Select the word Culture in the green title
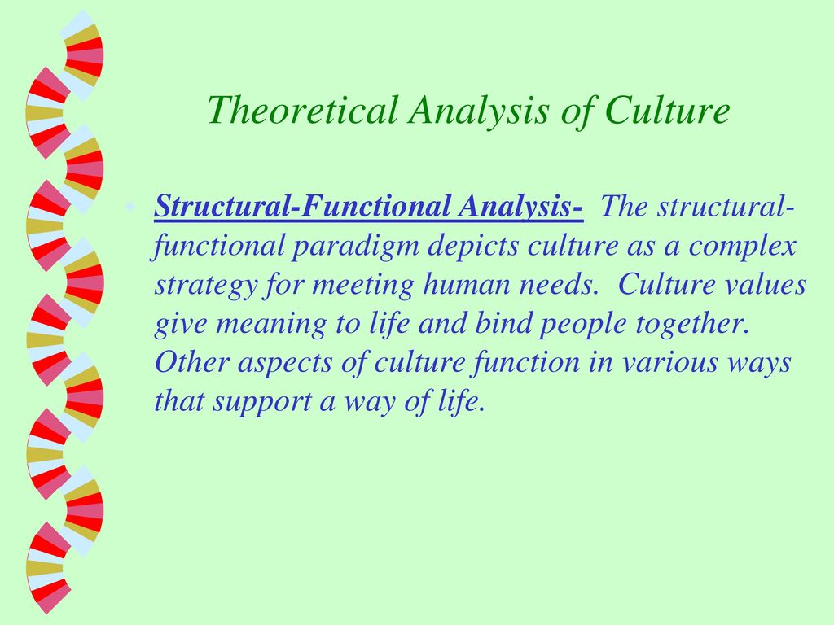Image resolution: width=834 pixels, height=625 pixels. [x=667, y=110]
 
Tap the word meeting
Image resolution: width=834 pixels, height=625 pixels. [x=362, y=286]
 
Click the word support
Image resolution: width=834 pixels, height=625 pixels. [x=262, y=402]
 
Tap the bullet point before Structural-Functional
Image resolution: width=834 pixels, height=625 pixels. [x=129, y=206]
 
